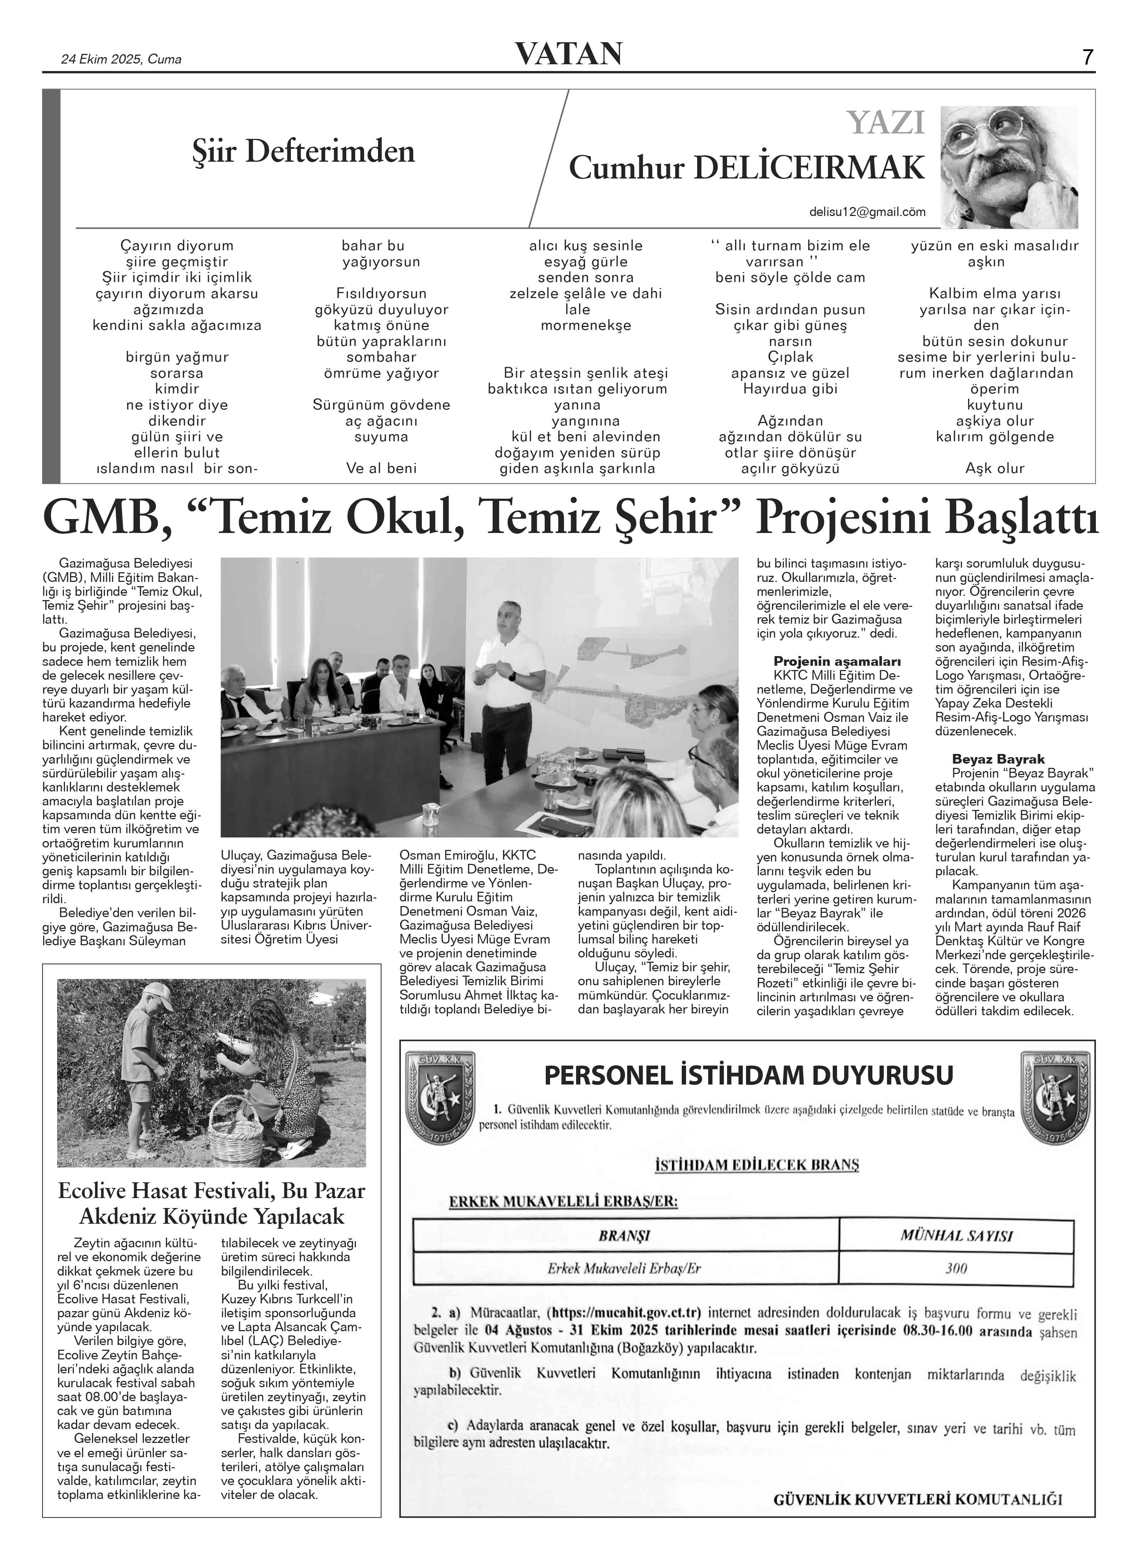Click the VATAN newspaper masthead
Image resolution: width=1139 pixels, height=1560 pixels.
click(569, 54)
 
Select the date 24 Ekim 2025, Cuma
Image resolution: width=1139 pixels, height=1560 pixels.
click(121, 59)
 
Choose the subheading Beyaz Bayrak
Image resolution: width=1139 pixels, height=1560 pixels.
click(998, 759)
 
